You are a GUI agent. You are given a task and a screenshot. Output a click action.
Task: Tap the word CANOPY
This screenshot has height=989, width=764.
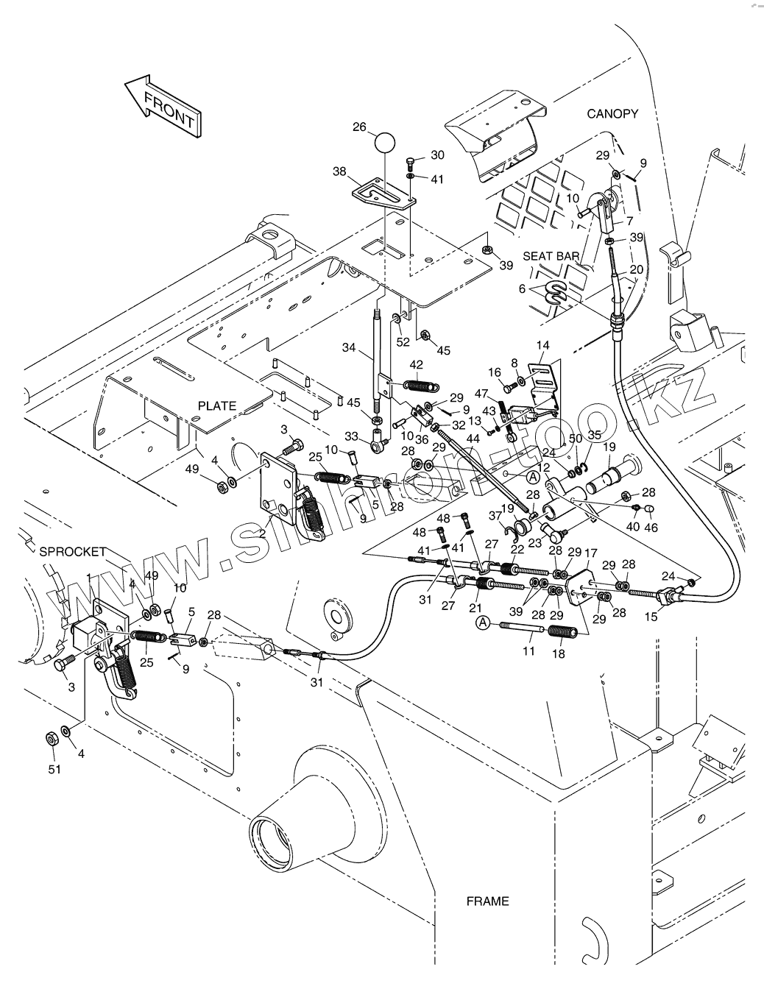coord(612,113)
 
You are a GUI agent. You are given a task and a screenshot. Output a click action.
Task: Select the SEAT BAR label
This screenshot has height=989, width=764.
coord(551,256)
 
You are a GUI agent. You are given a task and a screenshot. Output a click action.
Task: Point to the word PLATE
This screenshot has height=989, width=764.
coord(217,405)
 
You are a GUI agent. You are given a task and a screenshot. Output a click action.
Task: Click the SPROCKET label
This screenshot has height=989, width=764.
coord(73,551)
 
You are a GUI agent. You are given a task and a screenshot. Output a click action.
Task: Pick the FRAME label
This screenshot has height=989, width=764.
coord(487,901)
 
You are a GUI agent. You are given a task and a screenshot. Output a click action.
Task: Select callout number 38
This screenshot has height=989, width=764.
coord(339,171)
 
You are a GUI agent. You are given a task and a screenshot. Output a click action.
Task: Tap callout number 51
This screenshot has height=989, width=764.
coord(55,769)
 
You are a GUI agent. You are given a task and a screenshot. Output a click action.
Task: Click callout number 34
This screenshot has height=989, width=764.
coord(349,347)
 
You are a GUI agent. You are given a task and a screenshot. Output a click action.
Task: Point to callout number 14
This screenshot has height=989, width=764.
coord(543,344)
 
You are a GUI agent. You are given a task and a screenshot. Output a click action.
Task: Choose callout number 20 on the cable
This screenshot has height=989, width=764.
coord(637,269)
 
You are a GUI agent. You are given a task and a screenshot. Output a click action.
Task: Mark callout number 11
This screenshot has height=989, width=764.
coord(528,652)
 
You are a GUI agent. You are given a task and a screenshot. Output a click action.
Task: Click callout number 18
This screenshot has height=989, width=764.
coord(559,653)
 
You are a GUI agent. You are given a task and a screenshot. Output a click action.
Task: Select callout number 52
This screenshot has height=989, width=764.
coord(403,341)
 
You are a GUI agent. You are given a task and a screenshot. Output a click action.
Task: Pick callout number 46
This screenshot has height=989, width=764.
coord(650,528)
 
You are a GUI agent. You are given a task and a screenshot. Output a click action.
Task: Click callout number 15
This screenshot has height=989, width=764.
coord(651,617)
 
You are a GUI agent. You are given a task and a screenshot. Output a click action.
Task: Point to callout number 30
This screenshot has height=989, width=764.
coord(437,155)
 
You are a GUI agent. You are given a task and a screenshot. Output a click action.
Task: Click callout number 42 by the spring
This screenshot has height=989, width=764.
coord(416,364)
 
